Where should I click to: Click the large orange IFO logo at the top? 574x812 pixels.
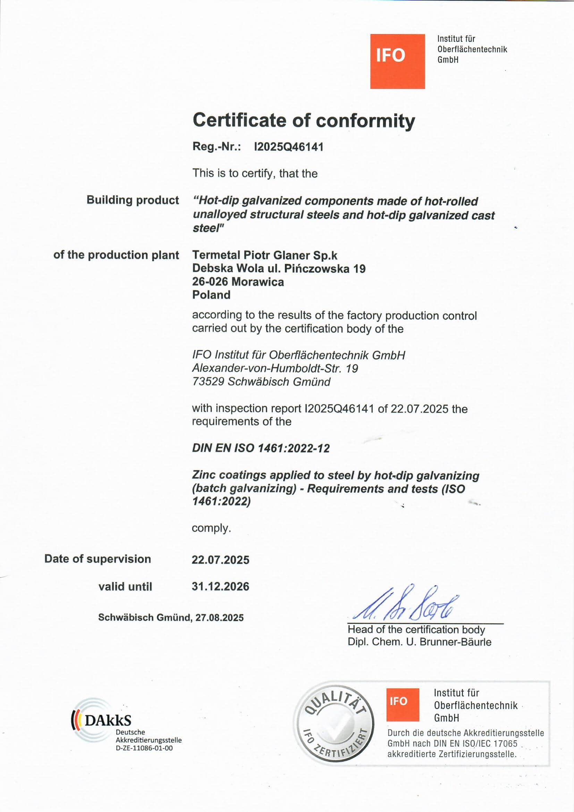click(397, 61)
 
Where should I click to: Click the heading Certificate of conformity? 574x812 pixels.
click(304, 121)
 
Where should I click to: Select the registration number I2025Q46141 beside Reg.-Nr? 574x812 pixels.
click(289, 147)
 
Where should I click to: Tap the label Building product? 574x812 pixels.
click(133, 200)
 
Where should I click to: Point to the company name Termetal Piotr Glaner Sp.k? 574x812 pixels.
click(265, 255)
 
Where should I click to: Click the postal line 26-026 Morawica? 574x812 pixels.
click(238, 282)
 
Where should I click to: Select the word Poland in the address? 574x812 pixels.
click(211, 295)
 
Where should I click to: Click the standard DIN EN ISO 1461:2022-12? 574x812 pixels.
click(261, 448)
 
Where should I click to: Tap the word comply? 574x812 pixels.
click(211, 528)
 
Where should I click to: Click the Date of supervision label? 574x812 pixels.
click(98, 559)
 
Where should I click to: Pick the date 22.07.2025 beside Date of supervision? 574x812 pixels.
click(220, 560)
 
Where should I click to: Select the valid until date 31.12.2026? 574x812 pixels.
click(220, 586)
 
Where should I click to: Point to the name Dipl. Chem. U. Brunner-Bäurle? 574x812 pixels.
click(419, 642)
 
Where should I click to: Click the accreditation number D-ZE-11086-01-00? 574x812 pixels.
click(144, 748)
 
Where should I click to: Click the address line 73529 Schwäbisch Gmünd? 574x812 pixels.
click(261, 382)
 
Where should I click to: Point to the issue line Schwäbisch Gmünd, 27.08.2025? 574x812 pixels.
click(171, 618)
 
